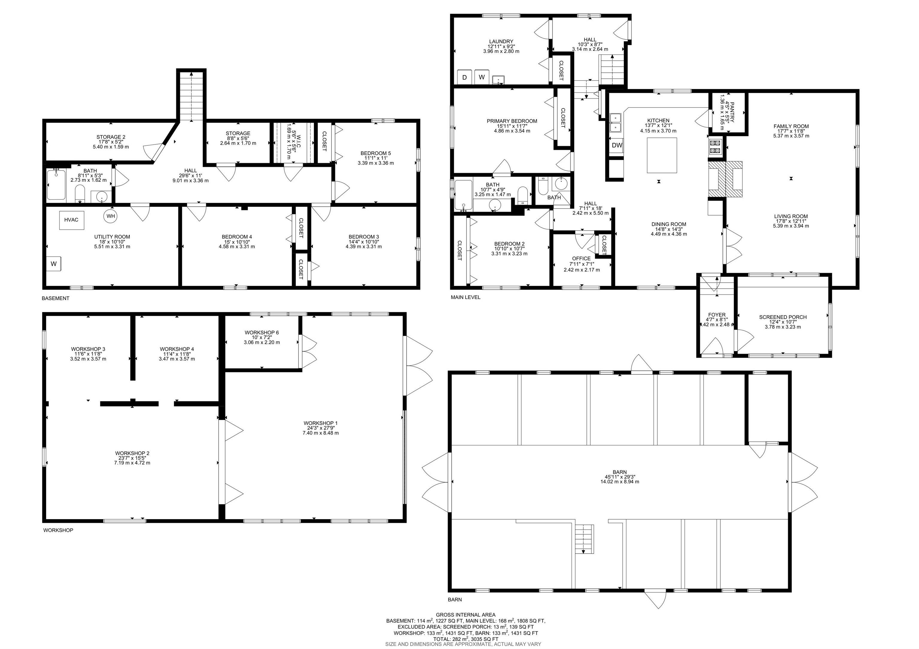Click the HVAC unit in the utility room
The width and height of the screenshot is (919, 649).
[71, 220]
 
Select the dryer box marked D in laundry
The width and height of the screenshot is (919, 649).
[464, 77]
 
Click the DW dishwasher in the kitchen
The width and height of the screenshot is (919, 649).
[617, 145]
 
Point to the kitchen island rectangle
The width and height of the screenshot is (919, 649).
[662, 155]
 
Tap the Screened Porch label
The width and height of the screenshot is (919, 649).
[783, 317]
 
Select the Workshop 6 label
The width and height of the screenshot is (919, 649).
[261, 333]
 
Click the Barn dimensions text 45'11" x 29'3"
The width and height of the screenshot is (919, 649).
[619, 477]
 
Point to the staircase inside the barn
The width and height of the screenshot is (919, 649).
[584, 539]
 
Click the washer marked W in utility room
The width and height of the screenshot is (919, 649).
[54, 264]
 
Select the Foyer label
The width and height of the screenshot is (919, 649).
[716, 315]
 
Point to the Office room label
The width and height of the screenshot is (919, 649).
[581, 258]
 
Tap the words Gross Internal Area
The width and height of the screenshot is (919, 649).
[465, 615]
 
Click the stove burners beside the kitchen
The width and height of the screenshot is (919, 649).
[715, 147]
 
